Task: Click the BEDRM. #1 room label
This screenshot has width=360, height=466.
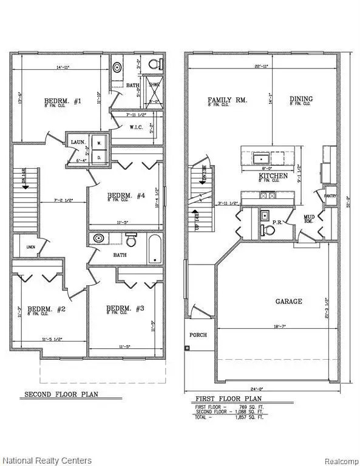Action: click(63, 101)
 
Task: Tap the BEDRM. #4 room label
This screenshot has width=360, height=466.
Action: click(126, 195)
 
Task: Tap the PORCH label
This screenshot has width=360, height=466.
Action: click(198, 334)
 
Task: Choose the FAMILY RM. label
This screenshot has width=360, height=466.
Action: click(228, 100)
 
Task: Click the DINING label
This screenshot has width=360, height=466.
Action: click(301, 100)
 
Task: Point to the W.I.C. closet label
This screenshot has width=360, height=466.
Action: click(136, 127)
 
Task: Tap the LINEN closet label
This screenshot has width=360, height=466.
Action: click(32, 247)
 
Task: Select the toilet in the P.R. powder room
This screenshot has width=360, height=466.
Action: click(265, 229)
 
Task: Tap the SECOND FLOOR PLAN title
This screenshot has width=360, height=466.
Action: click(61, 394)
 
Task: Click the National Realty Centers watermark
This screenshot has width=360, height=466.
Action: click(47, 461)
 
